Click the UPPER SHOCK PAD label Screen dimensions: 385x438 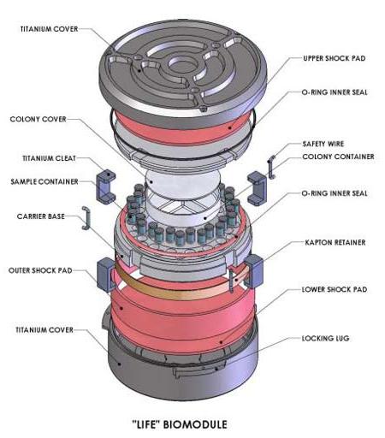point(334,58)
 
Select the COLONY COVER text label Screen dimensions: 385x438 point(38,119)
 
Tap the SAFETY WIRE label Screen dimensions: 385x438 point(323,144)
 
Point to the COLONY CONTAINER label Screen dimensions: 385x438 point(338,157)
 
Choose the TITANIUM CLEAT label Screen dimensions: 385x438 point(49,158)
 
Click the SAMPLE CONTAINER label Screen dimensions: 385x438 point(44,181)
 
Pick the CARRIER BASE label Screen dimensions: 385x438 point(41,216)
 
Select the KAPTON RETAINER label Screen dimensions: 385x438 point(335,242)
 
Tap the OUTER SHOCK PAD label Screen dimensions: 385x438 point(40,270)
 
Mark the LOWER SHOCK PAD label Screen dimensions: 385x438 point(335,289)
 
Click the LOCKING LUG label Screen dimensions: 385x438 point(325,338)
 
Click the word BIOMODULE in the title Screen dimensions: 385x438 point(195,424)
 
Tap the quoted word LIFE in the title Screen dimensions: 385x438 point(145,424)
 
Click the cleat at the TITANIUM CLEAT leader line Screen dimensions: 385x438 point(105,186)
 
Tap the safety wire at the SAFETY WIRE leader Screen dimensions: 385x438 point(271,167)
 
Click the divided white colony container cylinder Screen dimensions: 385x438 point(182,210)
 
